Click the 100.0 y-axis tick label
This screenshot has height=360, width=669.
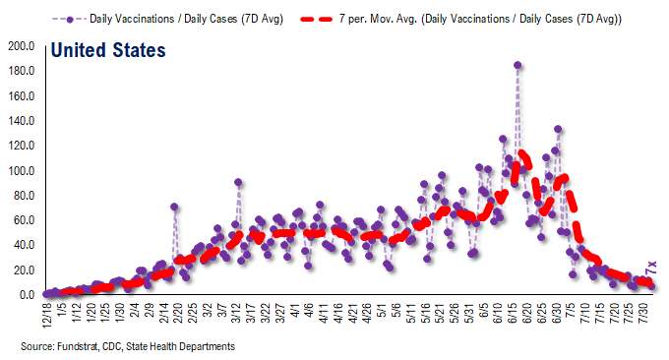coord(21,171)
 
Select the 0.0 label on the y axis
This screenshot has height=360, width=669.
coord(26,295)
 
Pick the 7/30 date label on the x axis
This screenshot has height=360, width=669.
coord(645,314)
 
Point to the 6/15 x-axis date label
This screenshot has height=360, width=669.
coord(512,314)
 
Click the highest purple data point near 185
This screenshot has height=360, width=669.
coord(517,66)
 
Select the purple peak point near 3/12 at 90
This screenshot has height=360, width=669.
coord(239,182)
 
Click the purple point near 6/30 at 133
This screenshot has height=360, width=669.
coord(558,129)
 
